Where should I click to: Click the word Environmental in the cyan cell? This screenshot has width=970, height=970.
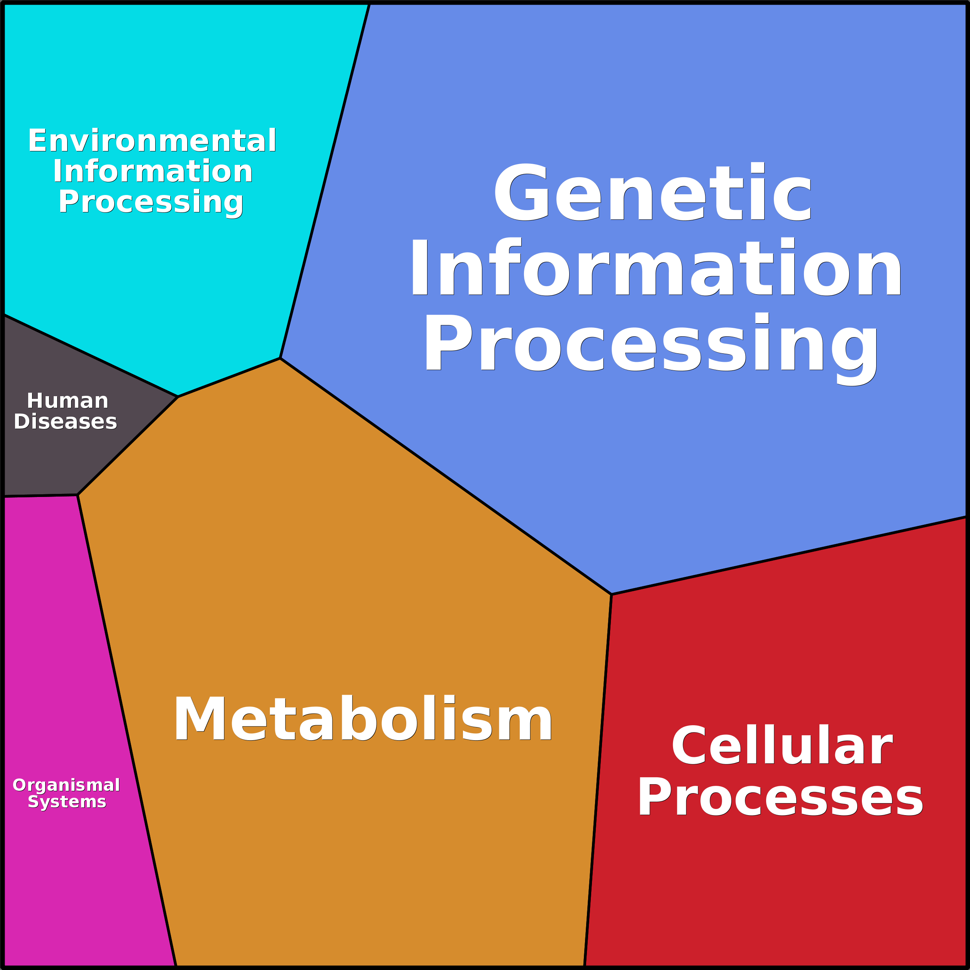[152, 141]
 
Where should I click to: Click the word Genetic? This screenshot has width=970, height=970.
[653, 192]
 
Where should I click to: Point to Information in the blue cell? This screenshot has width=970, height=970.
[656, 267]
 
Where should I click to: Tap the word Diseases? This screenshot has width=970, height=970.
[65, 422]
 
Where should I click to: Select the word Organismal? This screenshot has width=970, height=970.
[66, 785]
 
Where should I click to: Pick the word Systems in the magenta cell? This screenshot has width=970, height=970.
[67, 802]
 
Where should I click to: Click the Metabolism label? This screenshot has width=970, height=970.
[363, 719]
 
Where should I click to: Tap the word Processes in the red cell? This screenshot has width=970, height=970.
[780, 797]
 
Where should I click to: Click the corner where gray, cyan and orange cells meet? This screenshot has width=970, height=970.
[178, 397]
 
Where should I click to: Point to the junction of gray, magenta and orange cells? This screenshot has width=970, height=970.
[77, 495]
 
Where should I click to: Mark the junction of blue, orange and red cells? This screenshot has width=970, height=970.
[611, 594]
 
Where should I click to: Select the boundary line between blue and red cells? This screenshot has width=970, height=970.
[788, 556]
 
